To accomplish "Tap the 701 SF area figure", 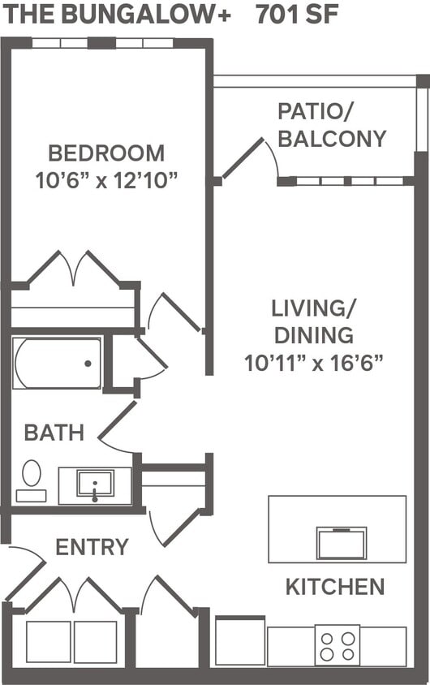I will pyautogui.click(x=298, y=15).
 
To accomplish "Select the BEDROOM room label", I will pyautogui.click(x=105, y=153).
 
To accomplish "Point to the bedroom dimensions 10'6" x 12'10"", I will pyautogui.click(x=105, y=179).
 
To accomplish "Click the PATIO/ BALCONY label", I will pyautogui.click(x=331, y=125).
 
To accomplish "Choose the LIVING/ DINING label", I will pyautogui.click(x=313, y=321).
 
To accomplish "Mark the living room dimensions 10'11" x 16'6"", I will pyautogui.click(x=313, y=362).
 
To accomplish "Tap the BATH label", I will pyautogui.click(x=54, y=433).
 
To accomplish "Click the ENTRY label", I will pyautogui.click(x=92, y=547).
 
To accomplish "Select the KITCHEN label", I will pyautogui.click(x=334, y=586).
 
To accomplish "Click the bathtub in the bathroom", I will pyautogui.click(x=57, y=364).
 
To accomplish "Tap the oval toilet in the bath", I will pyautogui.click(x=32, y=473).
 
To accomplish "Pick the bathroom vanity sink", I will pyautogui.click(x=95, y=484).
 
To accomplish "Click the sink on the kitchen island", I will pyautogui.click(x=342, y=543).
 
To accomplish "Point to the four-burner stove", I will pyautogui.click(x=338, y=645).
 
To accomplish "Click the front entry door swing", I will pyautogui.click(x=24, y=571).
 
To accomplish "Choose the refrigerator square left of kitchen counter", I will pyautogui.click(x=239, y=641).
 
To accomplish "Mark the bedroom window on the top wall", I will pyautogui.click(x=102, y=42).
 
